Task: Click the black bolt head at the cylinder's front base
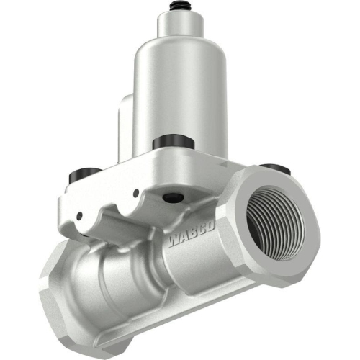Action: click(171, 140)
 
